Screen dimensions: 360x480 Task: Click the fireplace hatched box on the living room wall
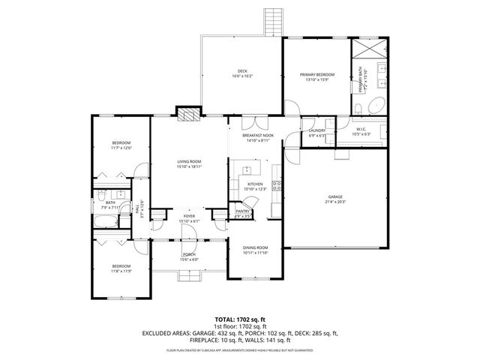point(187,113)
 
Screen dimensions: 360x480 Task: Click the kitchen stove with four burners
point(276,187)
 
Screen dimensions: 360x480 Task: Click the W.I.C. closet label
point(356,129)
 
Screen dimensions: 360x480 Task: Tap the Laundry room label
point(316,131)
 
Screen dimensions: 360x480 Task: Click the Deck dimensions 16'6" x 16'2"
point(242,76)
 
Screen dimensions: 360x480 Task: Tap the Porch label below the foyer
point(188,255)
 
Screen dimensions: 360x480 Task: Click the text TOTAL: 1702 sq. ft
point(240,319)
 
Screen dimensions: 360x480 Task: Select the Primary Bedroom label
point(317,74)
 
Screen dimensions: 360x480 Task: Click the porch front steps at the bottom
point(188,277)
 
